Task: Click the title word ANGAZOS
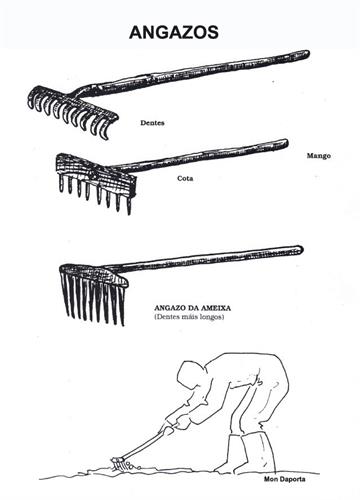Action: point(174,32)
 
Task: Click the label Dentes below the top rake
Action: point(152,123)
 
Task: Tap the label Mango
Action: point(319,156)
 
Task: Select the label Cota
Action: point(185,178)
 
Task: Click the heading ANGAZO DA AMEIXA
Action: point(192,308)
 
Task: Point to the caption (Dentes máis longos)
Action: point(189,317)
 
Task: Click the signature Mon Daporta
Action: point(284,479)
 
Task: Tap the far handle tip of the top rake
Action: point(307,53)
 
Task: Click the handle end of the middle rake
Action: point(286,143)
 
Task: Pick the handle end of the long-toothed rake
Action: point(300,249)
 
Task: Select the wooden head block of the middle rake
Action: point(95,173)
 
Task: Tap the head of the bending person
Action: point(191,373)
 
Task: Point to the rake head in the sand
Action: point(119,463)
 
